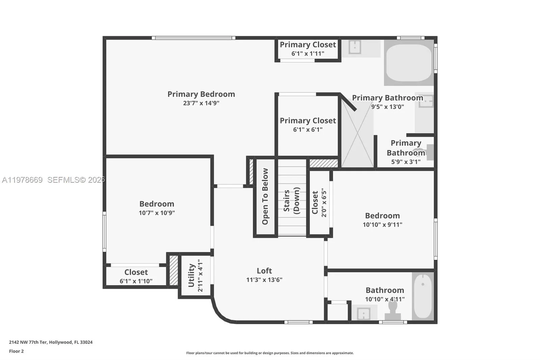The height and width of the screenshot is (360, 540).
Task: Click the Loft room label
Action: pos(264,271)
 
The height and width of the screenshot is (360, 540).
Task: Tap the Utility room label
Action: pos(191,276)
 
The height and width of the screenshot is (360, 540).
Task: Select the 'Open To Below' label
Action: pos(265,197)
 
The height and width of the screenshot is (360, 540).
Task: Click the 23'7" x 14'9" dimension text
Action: pos(201,103)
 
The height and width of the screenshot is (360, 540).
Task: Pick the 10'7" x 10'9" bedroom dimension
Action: pos(157,213)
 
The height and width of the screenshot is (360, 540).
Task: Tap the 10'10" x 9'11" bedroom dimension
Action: pos(382,225)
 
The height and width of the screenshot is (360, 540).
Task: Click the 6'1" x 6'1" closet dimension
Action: pos(308,130)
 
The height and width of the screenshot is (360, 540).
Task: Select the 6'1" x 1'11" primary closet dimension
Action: pos(308,54)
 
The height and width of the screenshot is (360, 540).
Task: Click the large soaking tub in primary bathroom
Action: pos(409,63)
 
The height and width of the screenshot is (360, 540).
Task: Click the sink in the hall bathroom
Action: pos(363,313)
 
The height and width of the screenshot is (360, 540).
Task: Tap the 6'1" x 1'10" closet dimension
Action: pos(136,281)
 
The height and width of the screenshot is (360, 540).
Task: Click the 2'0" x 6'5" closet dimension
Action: pos(324,203)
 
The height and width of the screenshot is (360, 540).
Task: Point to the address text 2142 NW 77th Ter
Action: pos(51,342)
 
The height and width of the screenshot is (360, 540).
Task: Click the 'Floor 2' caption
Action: pos(17,351)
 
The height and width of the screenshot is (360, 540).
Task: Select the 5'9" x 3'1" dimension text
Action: pos(406,162)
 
